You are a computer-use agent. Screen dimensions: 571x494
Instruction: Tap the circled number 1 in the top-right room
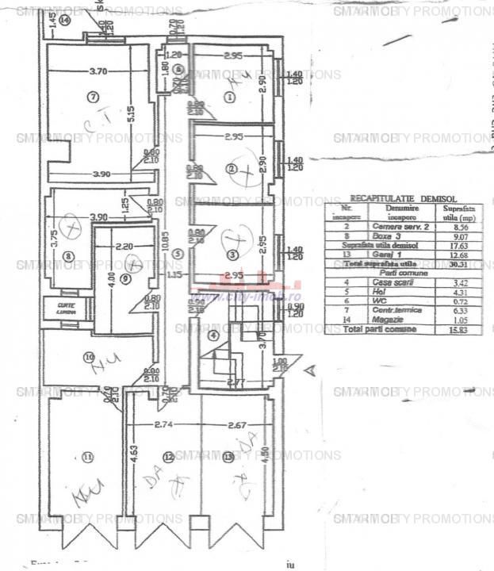click(230, 98)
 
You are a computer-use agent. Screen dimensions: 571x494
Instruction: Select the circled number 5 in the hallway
click(178, 254)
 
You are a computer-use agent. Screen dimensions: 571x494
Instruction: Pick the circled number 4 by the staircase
click(212, 335)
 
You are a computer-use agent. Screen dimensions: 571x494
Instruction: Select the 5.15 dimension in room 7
click(132, 113)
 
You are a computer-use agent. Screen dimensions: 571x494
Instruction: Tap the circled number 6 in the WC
click(179, 70)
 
